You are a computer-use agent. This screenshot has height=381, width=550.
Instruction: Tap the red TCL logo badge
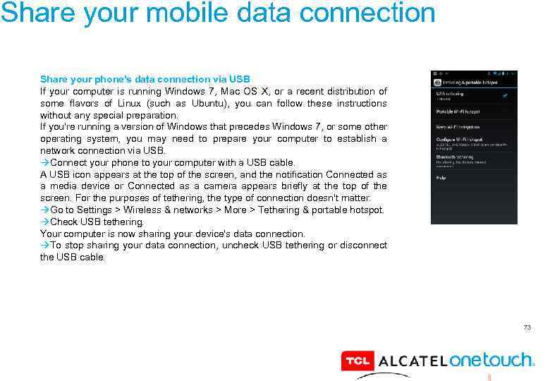pos(357,361)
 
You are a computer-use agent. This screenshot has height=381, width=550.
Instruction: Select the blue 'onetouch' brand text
pos(491,360)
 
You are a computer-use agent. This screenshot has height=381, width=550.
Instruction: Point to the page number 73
pos(526,327)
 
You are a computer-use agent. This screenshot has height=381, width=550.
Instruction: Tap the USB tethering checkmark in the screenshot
pos(506,95)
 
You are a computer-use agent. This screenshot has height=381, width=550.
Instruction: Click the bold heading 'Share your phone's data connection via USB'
pos(145,80)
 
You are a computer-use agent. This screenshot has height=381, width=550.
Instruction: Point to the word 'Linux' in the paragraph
pos(104,104)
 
